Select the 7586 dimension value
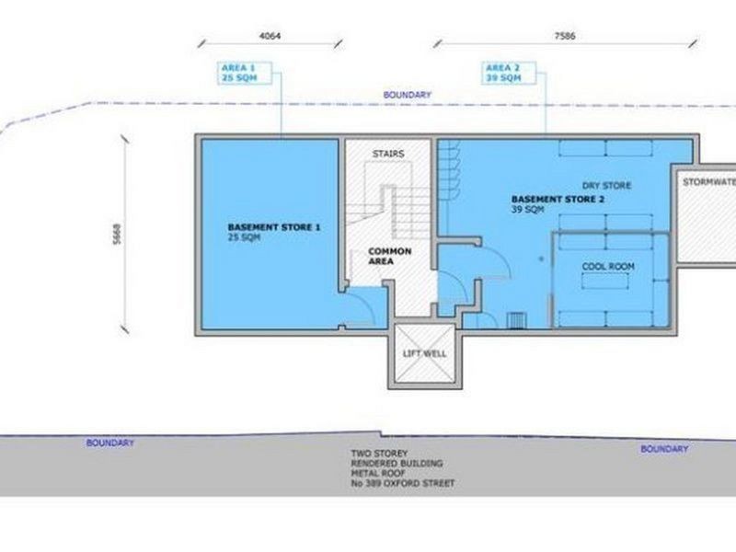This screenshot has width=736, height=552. [x=567, y=36]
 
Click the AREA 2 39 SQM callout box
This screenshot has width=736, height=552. [x=504, y=72]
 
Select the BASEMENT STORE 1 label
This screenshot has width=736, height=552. [x=274, y=227]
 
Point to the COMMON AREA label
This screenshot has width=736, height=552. [x=389, y=256]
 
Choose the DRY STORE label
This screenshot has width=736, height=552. [x=606, y=186]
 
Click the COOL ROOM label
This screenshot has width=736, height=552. [x=607, y=267]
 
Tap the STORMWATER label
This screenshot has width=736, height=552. [x=707, y=181]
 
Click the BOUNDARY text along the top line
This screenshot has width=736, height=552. [x=408, y=95]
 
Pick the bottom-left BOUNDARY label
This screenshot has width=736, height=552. [x=110, y=443]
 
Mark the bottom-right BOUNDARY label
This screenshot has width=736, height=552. [x=664, y=449]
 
